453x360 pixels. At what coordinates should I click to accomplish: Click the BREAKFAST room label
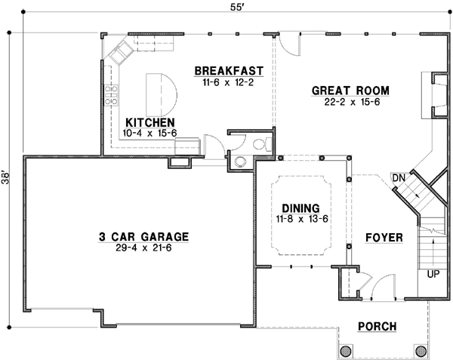pyautogui.click(x=228, y=71)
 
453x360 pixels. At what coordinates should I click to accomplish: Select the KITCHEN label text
pyautogui.click(x=150, y=122)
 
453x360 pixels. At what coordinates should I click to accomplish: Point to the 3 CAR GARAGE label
pyautogui.click(x=143, y=235)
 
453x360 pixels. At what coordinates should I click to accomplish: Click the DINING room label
pyautogui.click(x=300, y=208)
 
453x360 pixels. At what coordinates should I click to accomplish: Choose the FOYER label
pyautogui.click(x=384, y=238)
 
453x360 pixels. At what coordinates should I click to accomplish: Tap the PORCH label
pyautogui.click(x=379, y=325)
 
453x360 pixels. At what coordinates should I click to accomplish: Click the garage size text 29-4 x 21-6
pyautogui.click(x=143, y=247)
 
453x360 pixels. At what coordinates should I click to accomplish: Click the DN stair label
pyautogui.click(x=399, y=177)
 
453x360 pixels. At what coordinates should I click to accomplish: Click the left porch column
pyautogui.click(x=347, y=350)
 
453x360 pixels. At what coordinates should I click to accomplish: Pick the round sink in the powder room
pyautogui.click(x=241, y=160)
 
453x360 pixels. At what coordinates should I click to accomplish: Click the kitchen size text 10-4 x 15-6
pyautogui.click(x=149, y=133)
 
